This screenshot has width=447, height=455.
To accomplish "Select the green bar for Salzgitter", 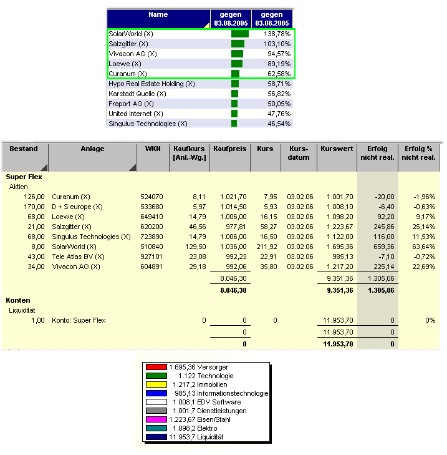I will tap(238, 44).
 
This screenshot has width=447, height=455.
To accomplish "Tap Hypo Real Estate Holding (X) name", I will tap(151, 84).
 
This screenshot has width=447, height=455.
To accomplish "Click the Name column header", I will tap(158, 14).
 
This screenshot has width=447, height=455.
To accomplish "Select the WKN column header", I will tap(152, 149).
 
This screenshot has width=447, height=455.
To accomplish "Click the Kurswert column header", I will tap(337, 149).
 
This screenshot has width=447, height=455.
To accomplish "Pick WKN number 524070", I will tap(151, 197).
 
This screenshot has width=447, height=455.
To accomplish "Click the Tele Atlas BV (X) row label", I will tap(79, 257).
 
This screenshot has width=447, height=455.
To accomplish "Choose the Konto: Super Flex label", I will tap(79, 320).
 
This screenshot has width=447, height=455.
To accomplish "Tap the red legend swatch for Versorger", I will tap(156, 367).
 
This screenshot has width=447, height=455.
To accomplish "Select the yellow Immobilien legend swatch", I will tap(156, 384).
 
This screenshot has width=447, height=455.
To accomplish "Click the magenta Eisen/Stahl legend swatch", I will tap(156, 419).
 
